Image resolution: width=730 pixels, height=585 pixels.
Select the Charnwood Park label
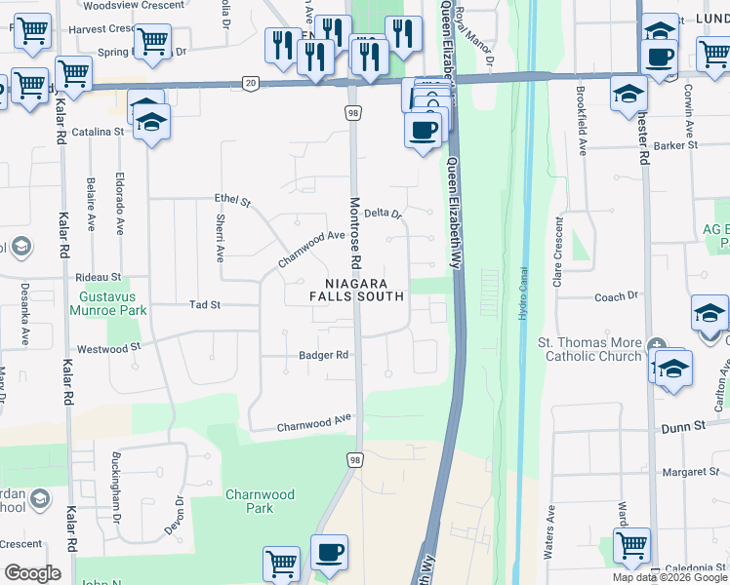(x=260, y=501)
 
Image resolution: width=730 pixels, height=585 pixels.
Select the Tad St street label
(x=205, y=305)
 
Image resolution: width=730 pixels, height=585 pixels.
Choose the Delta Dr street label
(x=383, y=213)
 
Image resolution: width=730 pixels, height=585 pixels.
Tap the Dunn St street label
(x=682, y=427)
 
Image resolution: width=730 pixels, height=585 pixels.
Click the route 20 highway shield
(x=252, y=84)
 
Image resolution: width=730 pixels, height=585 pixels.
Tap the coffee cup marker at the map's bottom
(x=329, y=553)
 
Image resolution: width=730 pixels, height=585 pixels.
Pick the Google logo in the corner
(x=32, y=572)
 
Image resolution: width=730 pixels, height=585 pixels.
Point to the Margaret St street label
(x=682, y=472)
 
